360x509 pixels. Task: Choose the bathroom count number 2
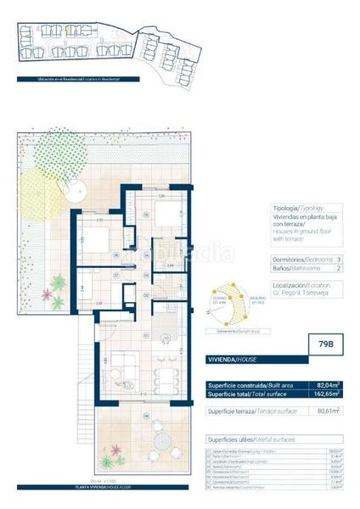pyautogui.click(x=338, y=269)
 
